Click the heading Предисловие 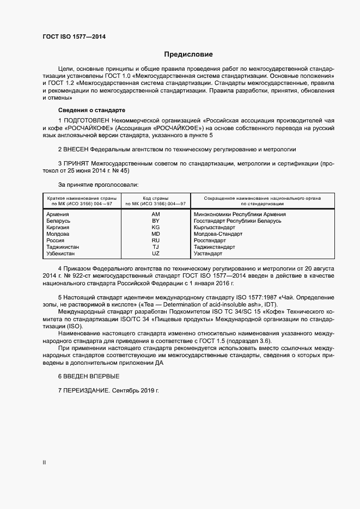188,54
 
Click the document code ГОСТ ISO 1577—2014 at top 74,37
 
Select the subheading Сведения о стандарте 84,109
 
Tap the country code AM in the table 155,214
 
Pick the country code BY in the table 155,221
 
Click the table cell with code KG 155,228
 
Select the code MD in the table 155,234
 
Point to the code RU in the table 155,241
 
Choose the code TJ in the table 155,247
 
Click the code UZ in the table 155,254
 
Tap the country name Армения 58,214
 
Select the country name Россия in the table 56,241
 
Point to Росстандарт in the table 210,241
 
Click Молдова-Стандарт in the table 218,234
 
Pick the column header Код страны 155,198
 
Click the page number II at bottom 44,463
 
